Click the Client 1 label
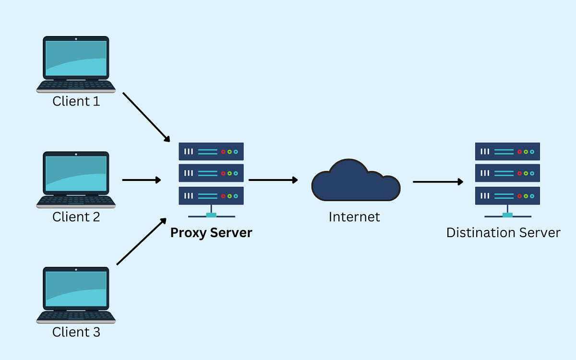[x=76, y=101]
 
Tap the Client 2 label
[x=76, y=216]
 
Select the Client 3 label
[x=76, y=332]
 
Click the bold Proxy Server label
[x=211, y=233]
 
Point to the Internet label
[x=354, y=216]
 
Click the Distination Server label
[x=503, y=233]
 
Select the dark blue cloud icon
[x=355, y=181]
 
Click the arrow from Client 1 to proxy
[x=146, y=117]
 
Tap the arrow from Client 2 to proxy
[x=142, y=180]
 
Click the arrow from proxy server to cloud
[x=273, y=180]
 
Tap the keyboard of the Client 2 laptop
[x=76, y=200]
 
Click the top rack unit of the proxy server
[x=211, y=151]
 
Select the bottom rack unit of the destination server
[x=507, y=196]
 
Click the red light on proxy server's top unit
[x=223, y=152]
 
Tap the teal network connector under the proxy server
[x=211, y=215]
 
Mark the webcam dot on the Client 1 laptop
[x=76, y=38]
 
